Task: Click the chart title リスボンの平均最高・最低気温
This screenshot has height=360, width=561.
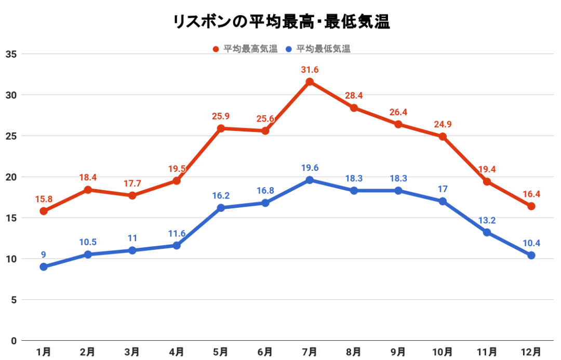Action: [x=280, y=22]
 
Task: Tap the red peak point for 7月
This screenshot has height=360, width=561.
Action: [x=310, y=82]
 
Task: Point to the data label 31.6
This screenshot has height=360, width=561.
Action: [x=310, y=69]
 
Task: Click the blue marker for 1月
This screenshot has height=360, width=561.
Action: [x=44, y=267]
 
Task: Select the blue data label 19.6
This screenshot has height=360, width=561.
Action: [x=310, y=167]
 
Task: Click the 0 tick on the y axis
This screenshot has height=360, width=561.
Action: [x=14, y=341]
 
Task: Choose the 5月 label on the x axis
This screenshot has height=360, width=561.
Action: [x=221, y=352]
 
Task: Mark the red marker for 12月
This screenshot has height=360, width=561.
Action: [x=531, y=206]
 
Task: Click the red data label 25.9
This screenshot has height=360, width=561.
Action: [x=221, y=116]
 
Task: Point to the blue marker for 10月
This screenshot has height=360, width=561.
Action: [x=443, y=201]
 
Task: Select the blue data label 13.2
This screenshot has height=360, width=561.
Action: [x=487, y=220]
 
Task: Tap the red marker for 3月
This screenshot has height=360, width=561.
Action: [x=132, y=195]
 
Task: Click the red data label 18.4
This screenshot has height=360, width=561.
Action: [x=88, y=178]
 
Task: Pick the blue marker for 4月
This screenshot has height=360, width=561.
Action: [x=177, y=245]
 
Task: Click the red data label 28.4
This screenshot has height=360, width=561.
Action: [x=354, y=96]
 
